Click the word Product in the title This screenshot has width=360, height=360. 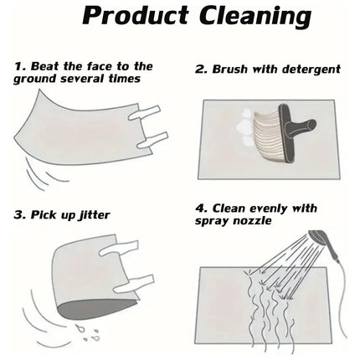tap(136, 16)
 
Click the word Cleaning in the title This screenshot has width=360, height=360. tap(255, 18)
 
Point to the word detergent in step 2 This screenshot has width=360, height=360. tap(311, 69)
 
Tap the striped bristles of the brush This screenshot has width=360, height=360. tap(266, 136)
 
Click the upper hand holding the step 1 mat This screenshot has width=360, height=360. tap(144, 113)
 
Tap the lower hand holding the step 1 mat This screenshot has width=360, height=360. tap(152, 140)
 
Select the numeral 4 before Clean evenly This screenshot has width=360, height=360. tap(199, 208)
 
